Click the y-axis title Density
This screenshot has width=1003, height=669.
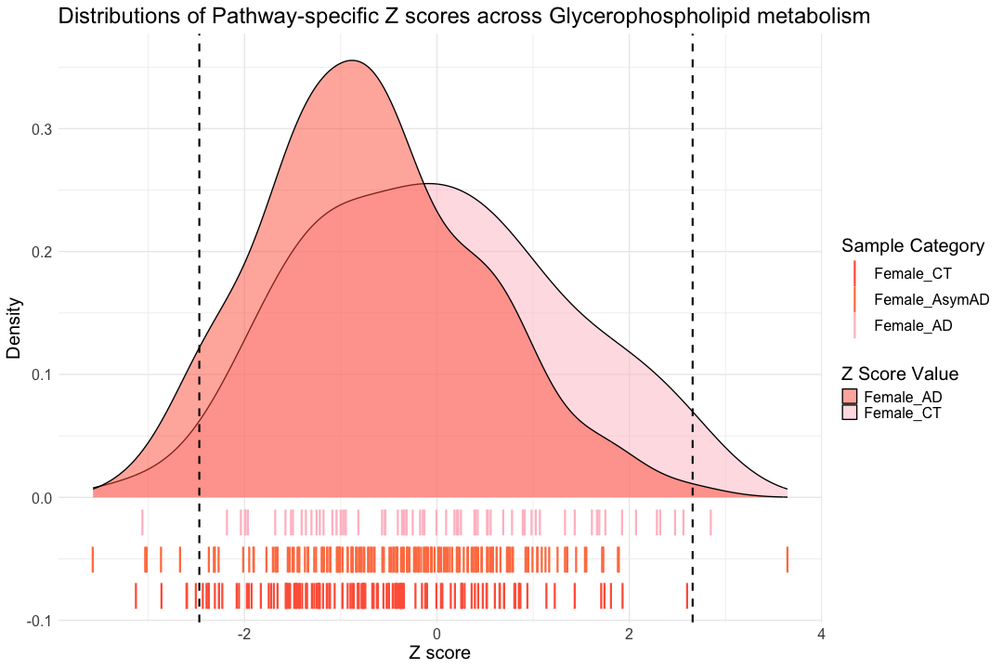tap(15, 327)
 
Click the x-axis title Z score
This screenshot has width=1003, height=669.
tap(440, 653)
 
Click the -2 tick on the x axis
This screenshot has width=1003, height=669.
tap(244, 635)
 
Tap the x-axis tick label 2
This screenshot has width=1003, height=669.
tap(629, 635)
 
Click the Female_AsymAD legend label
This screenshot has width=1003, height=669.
tap(931, 299)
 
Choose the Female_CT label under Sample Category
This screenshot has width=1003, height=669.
tap(913, 273)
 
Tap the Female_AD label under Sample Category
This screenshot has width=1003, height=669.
tap(913, 325)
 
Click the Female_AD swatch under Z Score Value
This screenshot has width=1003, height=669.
tap(849, 398)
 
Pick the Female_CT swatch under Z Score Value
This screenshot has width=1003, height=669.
tap(849, 413)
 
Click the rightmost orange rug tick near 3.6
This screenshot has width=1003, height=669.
tap(787, 559)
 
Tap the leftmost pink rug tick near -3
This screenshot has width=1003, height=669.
tap(142, 522)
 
